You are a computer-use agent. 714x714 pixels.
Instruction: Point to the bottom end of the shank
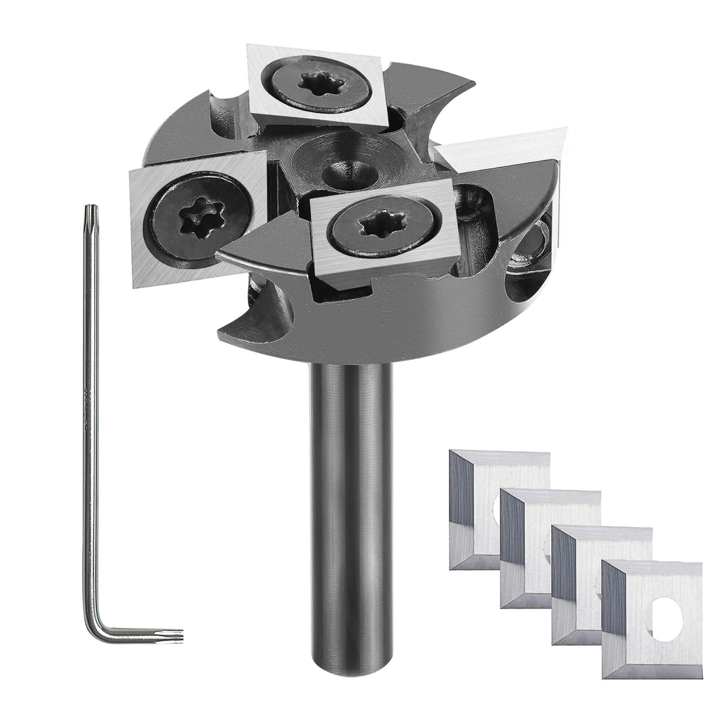pos(351,670)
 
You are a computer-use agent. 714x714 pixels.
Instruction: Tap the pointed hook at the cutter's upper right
pos(456,85)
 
